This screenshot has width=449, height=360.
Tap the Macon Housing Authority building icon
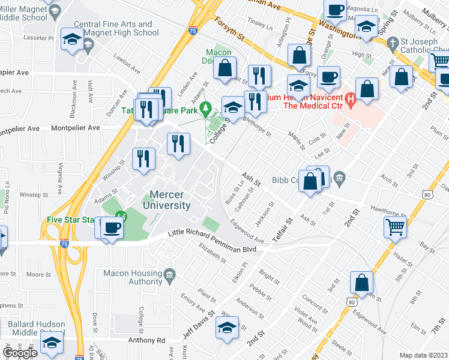[x=169, y=275]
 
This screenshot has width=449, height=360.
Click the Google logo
[x=20, y=353]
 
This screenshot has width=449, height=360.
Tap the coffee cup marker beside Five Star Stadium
[x=112, y=227]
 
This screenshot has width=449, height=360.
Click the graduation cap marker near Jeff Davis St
[x=228, y=328]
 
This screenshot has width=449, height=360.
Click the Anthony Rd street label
[x=145, y=340]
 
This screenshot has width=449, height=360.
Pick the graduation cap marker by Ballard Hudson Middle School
[x=52, y=342]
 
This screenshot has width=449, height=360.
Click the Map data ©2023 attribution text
[x=423, y=355]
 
